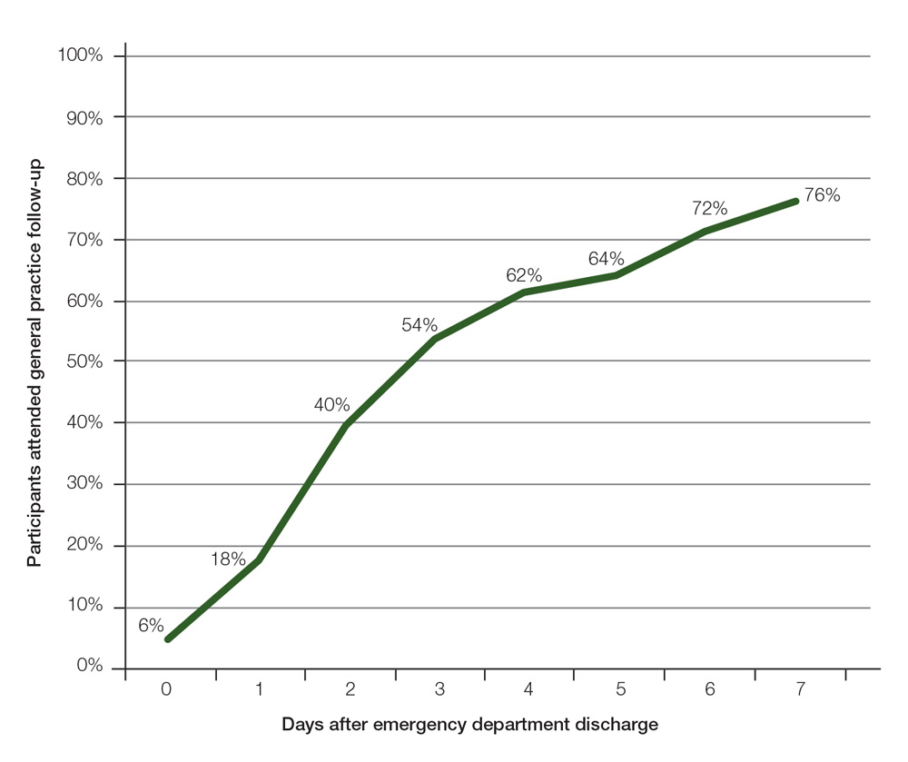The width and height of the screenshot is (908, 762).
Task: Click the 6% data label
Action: pyautogui.click(x=151, y=625)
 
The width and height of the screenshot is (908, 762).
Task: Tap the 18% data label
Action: pyautogui.click(x=228, y=559)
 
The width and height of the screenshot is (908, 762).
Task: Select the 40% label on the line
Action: pyautogui.click(x=331, y=405)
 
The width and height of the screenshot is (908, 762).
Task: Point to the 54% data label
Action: pyautogui.click(x=419, y=325)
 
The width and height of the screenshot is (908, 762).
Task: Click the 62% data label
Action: pyautogui.click(x=524, y=275)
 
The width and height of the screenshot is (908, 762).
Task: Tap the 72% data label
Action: pyautogui.click(x=709, y=209)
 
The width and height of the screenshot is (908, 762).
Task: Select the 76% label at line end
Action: pyautogui.click(x=823, y=194)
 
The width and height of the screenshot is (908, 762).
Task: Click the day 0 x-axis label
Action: pyautogui.click(x=166, y=690)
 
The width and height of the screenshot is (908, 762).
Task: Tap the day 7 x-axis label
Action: pyautogui.click(x=800, y=690)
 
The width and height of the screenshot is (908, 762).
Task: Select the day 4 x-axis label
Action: pyautogui.click(x=528, y=690)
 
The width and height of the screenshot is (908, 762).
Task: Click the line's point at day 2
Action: pyautogui.click(x=347, y=424)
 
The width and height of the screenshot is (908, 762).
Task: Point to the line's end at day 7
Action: pyautogui.click(x=795, y=201)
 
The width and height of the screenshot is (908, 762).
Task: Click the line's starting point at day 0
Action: pyautogui.click(x=168, y=639)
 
